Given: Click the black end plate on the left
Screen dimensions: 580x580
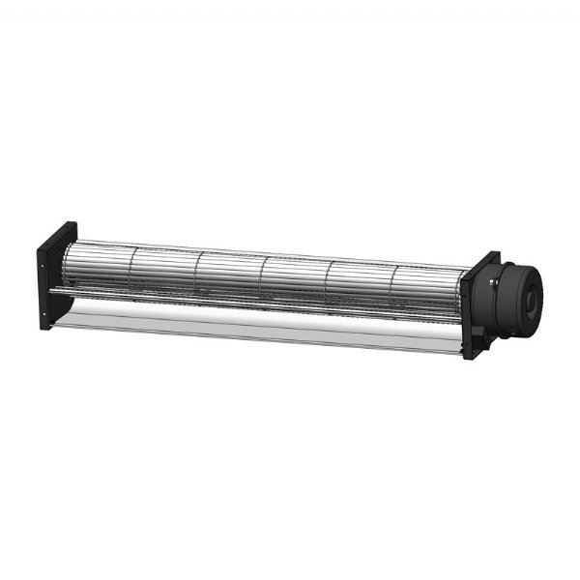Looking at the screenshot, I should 56,276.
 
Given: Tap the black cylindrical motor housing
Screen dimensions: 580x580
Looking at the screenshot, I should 516,291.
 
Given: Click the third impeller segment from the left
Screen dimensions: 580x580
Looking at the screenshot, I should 230,279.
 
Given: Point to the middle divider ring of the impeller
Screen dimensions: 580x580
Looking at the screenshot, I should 263,281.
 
